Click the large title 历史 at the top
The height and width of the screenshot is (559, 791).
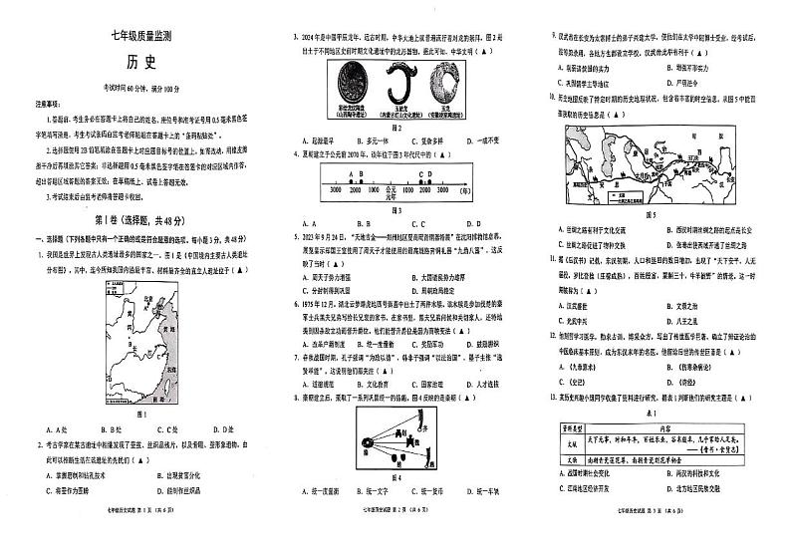[139, 62]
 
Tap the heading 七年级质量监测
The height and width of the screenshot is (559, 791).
[139, 38]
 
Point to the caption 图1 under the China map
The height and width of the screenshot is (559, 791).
[140, 413]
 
